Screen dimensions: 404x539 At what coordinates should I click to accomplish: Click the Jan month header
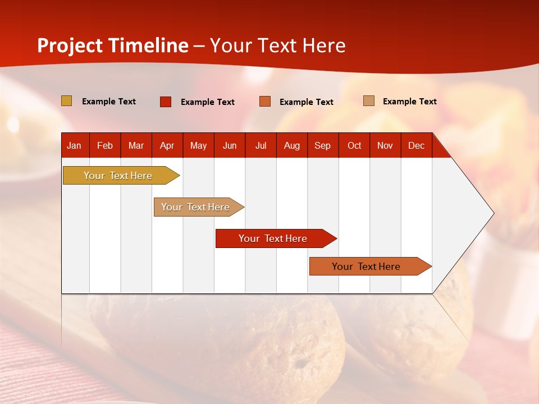[x=74, y=145]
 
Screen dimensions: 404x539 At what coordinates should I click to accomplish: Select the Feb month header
[x=105, y=145]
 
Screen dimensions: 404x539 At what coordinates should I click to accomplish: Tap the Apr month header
[x=167, y=145]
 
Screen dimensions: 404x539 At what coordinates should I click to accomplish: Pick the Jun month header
[x=230, y=145]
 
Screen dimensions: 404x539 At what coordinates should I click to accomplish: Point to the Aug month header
[x=291, y=145]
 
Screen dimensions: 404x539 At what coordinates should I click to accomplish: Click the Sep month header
[x=322, y=145]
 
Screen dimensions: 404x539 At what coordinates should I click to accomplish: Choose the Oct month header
[x=354, y=145]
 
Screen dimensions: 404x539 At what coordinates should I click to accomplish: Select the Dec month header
[x=416, y=145]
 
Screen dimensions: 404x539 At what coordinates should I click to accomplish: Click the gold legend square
[x=67, y=101]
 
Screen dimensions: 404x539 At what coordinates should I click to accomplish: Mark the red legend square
[x=166, y=102]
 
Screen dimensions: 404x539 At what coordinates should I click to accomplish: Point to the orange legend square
[x=265, y=102]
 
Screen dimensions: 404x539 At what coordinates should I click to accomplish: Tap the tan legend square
[x=369, y=101]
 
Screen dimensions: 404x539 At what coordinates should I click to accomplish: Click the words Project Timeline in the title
[x=113, y=45]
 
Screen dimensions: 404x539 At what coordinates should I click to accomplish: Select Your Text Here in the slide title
[x=277, y=45]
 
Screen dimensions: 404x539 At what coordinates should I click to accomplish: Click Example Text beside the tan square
[x=409, y=102]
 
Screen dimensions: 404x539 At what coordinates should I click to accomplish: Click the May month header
[x=198, y=145]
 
